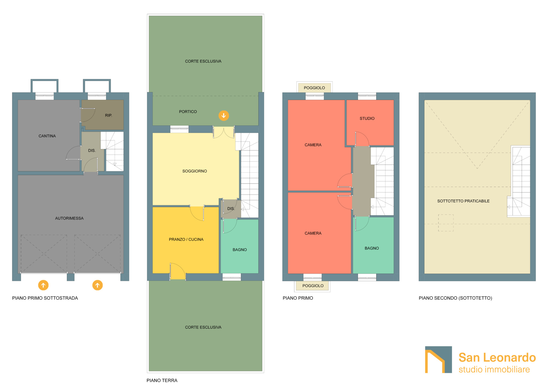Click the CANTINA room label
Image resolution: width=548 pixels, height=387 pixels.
pos(47,136)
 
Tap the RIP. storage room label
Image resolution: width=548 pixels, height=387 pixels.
pos(109,115)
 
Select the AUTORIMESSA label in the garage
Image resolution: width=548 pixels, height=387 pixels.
pos(69,218)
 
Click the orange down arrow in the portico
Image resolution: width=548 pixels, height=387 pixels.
pos(224,115)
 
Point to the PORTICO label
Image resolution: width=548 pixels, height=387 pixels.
pos(188,112)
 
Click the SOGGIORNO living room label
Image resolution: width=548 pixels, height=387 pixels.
pos(195,171)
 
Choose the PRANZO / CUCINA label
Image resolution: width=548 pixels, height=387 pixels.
pos(186,239)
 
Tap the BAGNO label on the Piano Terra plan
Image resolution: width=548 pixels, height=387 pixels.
pos(240,250)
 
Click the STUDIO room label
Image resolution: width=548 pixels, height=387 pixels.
pos(367,119)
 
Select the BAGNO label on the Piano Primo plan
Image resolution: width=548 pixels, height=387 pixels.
pos(372,248)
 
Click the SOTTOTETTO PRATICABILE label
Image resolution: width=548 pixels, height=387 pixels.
pos(463,201)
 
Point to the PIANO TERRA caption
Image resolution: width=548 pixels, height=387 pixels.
pos(162,380)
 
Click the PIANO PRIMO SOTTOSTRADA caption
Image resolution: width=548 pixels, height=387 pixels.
pos(45,298)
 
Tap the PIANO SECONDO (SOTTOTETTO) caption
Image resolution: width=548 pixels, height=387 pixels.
pos(455,298)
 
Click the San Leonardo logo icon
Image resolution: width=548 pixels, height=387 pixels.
pos(438,360)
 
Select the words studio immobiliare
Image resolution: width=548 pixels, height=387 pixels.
pos(494,369)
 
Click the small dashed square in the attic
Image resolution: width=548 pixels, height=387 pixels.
pos(446,223)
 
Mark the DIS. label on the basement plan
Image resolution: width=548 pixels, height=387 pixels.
pos(92,151)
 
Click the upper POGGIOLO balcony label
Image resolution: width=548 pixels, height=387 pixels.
pos(314,88)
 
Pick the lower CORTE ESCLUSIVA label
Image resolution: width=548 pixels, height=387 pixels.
pos(203,327)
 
